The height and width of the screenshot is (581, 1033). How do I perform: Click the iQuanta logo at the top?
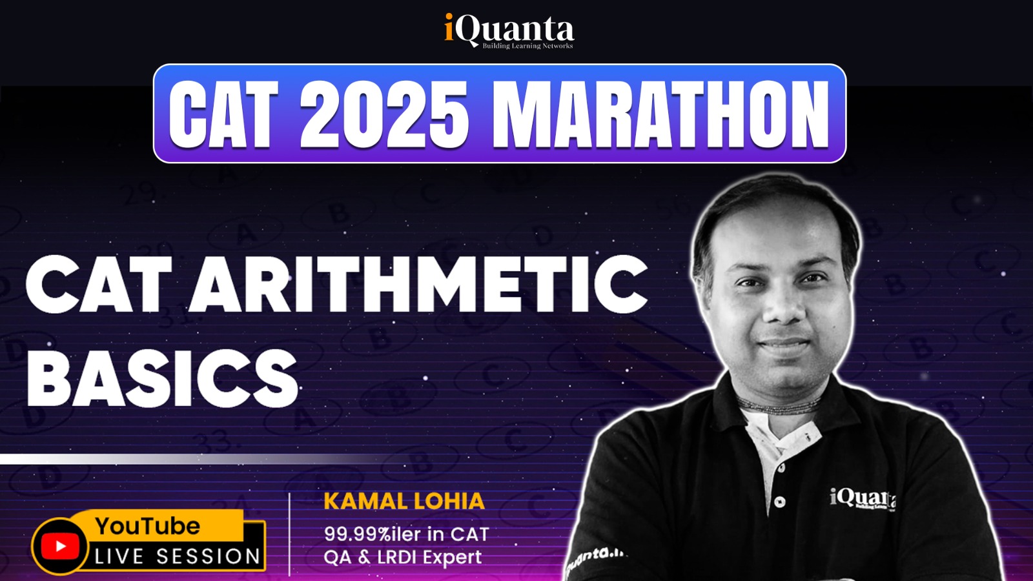click(x=509, y=30)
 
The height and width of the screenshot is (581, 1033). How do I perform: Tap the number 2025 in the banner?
click(x=384, y=114)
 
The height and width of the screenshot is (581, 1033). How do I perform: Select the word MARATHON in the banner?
click(x=661, y=114)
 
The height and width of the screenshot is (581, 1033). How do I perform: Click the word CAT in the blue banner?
click(x=223, y=114)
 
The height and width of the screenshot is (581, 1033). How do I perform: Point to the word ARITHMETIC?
click(x=419, y=285)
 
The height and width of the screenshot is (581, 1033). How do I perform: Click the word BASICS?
click(x=162, y=378)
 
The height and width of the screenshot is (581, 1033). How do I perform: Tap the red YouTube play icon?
click(x=60, y=546)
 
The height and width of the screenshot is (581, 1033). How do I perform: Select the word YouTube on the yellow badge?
click(x=148, y=526)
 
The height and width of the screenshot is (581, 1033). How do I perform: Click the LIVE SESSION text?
click(x=178, y=556)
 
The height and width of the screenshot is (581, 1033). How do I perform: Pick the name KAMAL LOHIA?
click(x=404, y=501)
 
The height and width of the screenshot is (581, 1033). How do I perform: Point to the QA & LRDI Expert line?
click(x=403, y=557)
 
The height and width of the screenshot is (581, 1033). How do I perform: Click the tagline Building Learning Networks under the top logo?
click(x=527, y=46)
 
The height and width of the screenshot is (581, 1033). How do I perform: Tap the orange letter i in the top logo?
click(x=449, y=28)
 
